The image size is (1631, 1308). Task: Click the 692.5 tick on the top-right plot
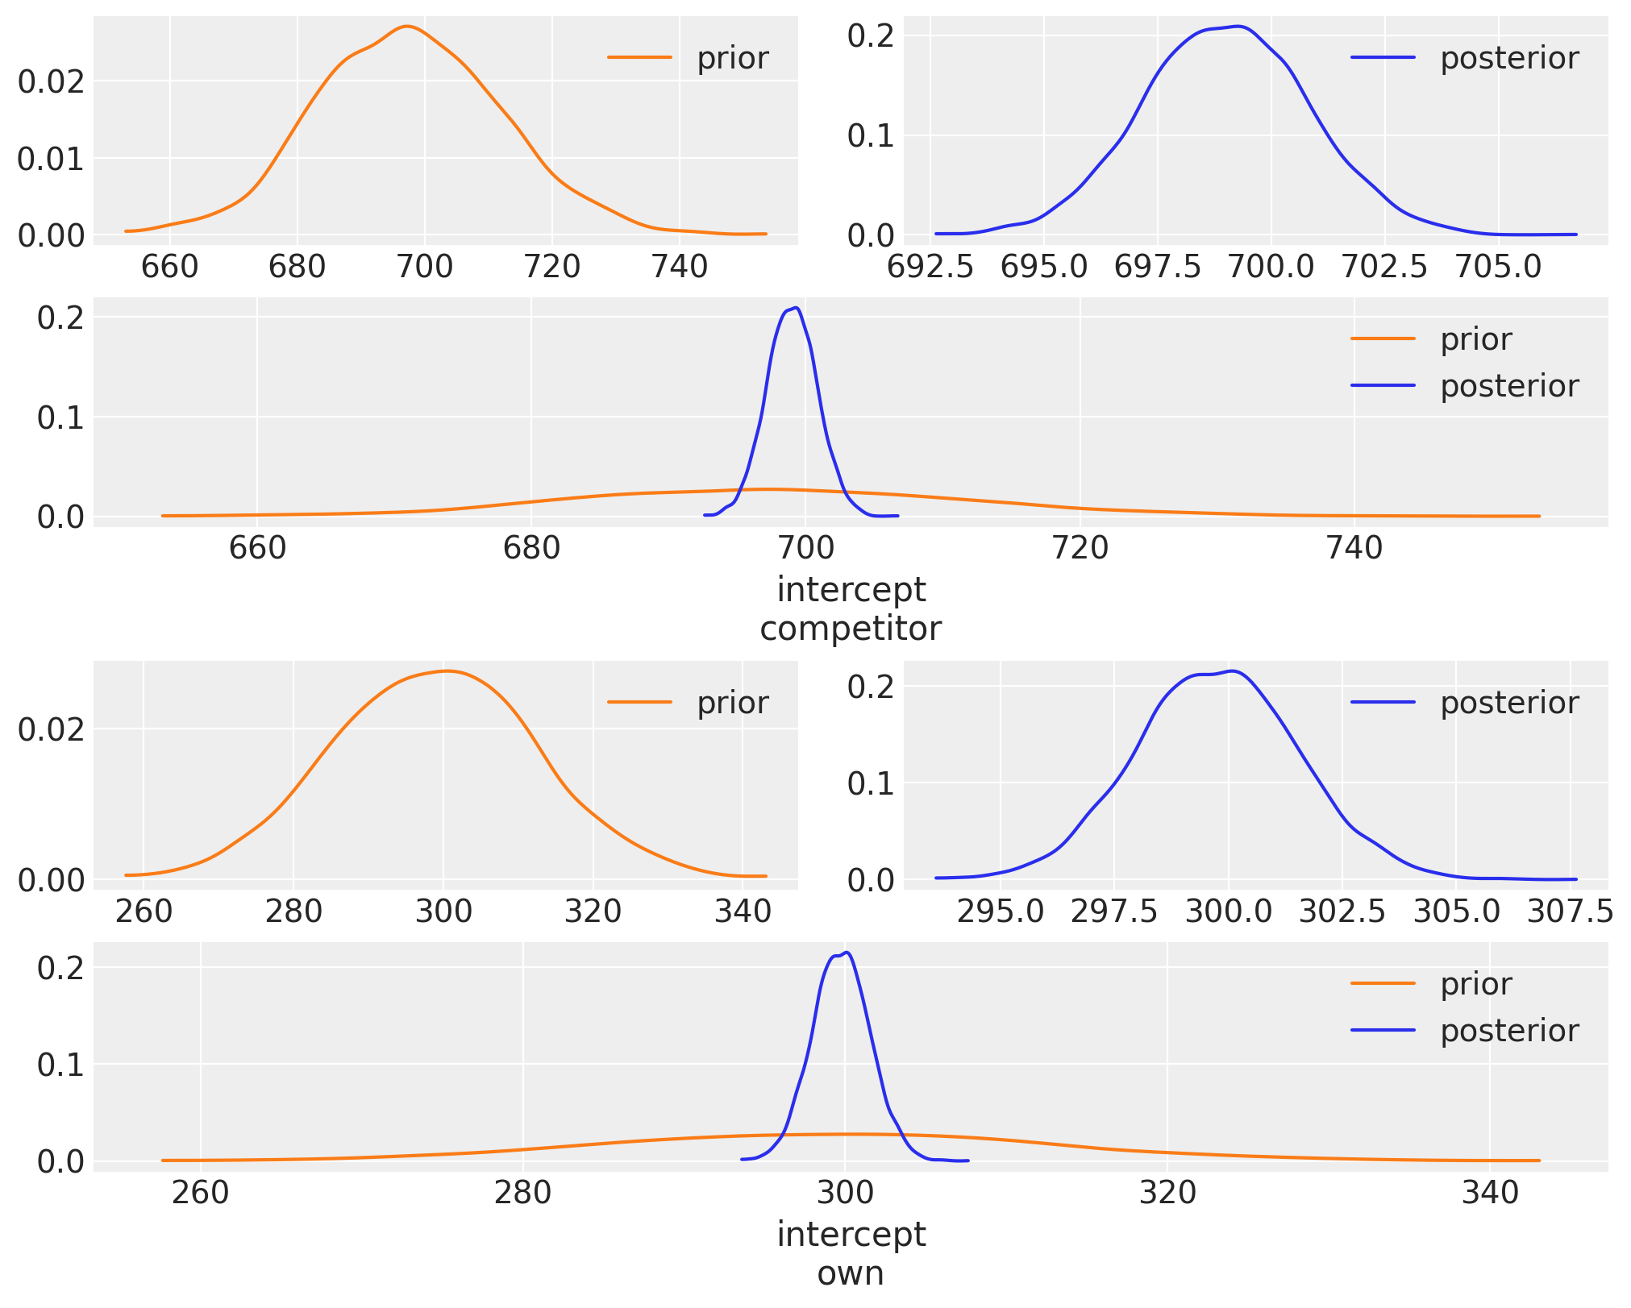[930, 266]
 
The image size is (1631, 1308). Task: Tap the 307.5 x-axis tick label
[1570, 911]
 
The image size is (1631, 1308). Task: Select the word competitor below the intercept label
[850, 629]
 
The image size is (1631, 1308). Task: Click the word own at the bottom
[850, 1273]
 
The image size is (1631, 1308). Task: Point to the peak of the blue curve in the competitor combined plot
[797, 308]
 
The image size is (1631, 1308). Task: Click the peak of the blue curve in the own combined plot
[847, 953]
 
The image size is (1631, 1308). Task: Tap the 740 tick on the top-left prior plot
[679, 266]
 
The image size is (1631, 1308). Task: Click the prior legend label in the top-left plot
[732, 58]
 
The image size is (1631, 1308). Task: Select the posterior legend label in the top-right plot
[1508, 58]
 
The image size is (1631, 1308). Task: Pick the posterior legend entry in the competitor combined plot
[1508, 386]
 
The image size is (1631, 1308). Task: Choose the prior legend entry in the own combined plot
[1475, 984]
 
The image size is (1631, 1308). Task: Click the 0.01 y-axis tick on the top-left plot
[51, 159]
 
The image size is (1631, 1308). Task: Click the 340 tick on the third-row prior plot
[743, 911]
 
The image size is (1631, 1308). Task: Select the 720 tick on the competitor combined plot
[1080, 548]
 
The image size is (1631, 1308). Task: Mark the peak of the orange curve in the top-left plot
[407, 27]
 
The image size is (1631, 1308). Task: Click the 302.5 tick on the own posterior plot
[1342, 911]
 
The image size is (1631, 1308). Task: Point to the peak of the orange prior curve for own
[446, 671]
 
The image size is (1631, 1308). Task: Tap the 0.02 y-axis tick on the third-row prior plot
[51, 729]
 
